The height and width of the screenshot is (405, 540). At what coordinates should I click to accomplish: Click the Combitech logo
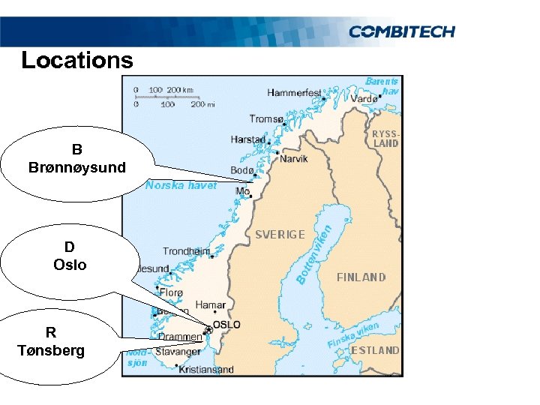coord(401,31)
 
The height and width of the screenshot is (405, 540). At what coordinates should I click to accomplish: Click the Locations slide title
coord(76,60)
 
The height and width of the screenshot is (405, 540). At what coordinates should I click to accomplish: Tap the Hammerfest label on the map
coord(294,93)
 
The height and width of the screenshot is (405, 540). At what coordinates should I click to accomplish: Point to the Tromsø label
coord(267,119)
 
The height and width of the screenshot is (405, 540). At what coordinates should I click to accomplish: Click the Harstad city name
coord(248,139)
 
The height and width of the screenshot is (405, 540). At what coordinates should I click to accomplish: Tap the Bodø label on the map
coord(243,171)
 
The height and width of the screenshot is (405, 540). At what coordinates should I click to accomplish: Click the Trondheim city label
coord(187,251)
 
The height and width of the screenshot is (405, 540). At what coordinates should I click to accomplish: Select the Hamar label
coord(210,305)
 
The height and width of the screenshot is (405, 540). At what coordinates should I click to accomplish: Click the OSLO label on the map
coord(227,325)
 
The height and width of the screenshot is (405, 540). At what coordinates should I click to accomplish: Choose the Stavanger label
coord(178,351)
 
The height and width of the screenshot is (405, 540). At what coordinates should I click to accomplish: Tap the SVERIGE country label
coord(280,234)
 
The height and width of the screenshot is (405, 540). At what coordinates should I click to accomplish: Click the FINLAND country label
coord(361,277)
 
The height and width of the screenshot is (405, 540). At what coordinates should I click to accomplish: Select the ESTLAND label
coord(375,350)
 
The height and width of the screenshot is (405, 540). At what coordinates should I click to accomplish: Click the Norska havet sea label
coord(181,184)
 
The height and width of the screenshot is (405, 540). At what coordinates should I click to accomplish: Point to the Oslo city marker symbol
coord(208,328)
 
